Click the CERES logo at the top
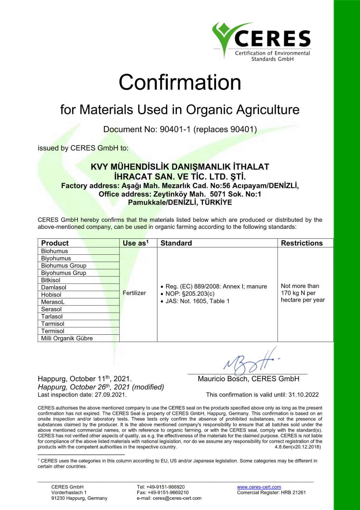(262, 41)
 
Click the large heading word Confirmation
(180, 82)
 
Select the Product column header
(55, 243)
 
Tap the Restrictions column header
(301, 243)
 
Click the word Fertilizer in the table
(134, 293)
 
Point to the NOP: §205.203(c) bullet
(190, 294)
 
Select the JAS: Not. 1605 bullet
(197, 301)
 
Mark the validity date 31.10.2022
(303, 395)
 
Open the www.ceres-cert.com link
(259, 487)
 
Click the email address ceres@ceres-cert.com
(177, 498)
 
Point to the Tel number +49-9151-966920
(165, 487)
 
